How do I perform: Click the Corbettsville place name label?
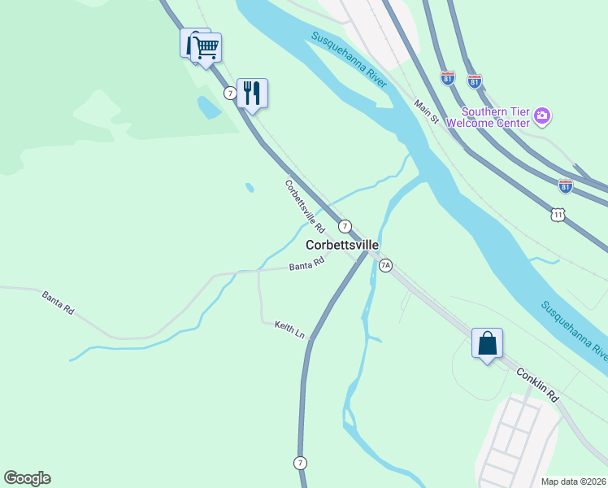click(x=342, y=245)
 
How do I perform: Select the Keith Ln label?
click(x=289, y=329)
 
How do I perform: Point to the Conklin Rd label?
click(x=537, y=384)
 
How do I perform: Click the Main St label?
click(x=426, y=112)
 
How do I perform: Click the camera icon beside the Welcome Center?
click(x=542, y=118)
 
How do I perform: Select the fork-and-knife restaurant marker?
click(x=252, y=94)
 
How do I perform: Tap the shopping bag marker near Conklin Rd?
click(x=487, y=343)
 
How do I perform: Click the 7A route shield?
click(x=385, y=265)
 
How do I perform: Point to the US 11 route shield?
click(x=557, y=215)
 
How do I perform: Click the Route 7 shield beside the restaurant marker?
click(x=231, y=94)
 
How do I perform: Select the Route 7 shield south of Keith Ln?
click(x=301, y=463)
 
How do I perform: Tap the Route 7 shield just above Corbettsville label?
click(x=345, y=225)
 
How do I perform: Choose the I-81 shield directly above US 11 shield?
click(x=566, y=186)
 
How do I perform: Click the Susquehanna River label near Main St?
click(x=350, y=61)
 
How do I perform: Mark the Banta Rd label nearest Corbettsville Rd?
click(x=306, y=264)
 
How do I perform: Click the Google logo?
click(x=27, y=478)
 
